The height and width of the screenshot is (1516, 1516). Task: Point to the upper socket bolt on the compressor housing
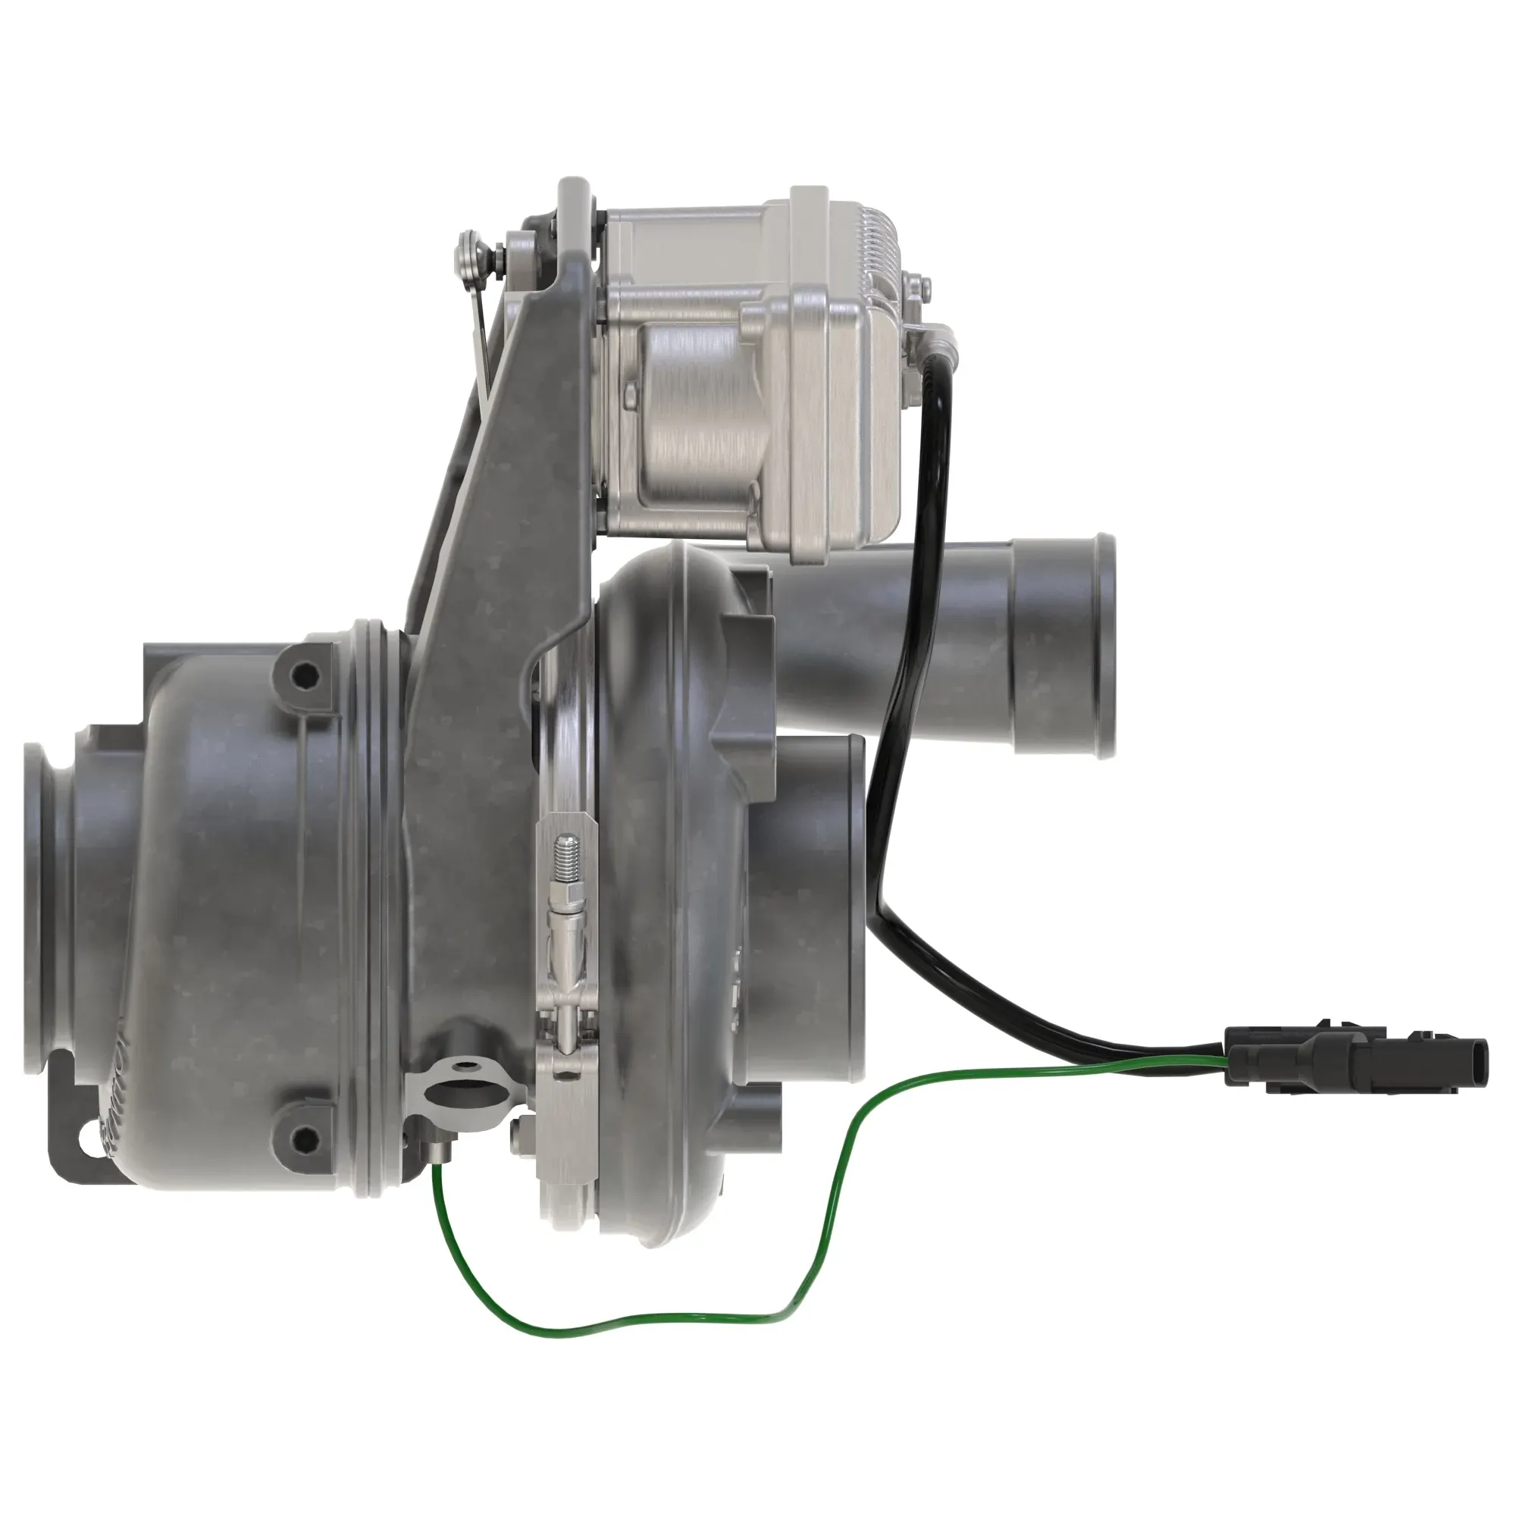[x=304, y=673]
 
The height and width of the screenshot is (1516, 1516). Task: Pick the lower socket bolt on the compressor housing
[x=304, y=1135]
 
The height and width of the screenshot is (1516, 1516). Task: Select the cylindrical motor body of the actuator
[x=691, y=416]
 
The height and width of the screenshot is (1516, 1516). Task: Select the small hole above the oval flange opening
[x=470, y=1066]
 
